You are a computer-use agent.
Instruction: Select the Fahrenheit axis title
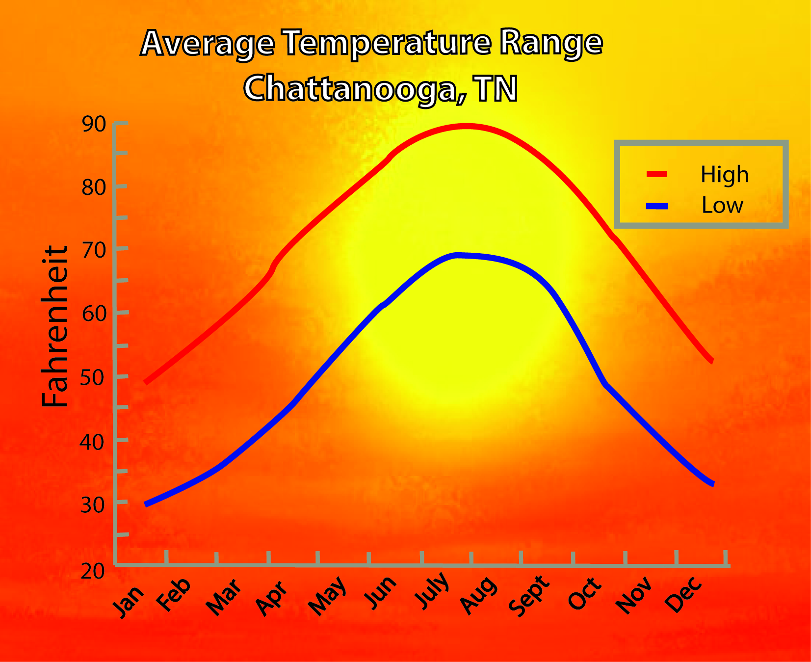click(54, 326)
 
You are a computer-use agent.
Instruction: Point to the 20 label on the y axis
click(93, 571)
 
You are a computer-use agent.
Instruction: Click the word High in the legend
click(724, 175)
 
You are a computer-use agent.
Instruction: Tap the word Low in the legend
click(722, 205)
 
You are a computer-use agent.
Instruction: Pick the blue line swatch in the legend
click(657, 207)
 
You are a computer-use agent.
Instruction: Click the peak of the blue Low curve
click(457, 256)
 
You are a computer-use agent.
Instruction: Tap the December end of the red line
click(711, 360)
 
